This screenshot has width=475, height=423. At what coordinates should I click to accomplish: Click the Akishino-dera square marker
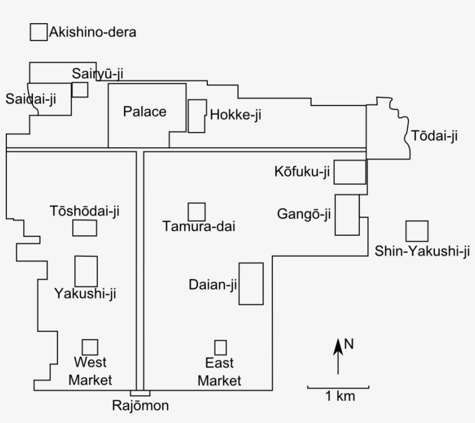39,32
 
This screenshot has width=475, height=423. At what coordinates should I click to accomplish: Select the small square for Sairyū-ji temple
80,89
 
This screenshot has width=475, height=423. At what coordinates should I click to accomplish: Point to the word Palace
144,112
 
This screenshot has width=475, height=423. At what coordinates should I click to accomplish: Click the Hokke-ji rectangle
197,116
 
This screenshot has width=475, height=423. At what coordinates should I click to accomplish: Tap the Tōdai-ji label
434,136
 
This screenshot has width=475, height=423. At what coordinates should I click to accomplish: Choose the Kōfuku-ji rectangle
350,172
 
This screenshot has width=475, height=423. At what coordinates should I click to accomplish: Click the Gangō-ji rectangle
347,215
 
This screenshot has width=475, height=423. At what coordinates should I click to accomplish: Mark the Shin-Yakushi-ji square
416,231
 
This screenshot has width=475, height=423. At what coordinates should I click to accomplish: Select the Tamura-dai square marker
196,211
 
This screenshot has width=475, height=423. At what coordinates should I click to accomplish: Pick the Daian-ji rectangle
251,283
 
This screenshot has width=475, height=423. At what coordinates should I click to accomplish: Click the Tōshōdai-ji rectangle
85,228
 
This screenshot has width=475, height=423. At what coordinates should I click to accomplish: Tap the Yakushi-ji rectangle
86,271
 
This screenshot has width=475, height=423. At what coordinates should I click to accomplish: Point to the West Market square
90,347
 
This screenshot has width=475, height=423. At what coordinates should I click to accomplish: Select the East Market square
220,348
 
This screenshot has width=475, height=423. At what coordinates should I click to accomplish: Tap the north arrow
338,356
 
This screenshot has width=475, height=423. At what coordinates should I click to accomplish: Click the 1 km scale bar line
338,386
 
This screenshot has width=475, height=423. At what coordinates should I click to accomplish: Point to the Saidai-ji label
31,99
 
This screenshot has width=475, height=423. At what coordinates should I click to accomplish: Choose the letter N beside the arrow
349,344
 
